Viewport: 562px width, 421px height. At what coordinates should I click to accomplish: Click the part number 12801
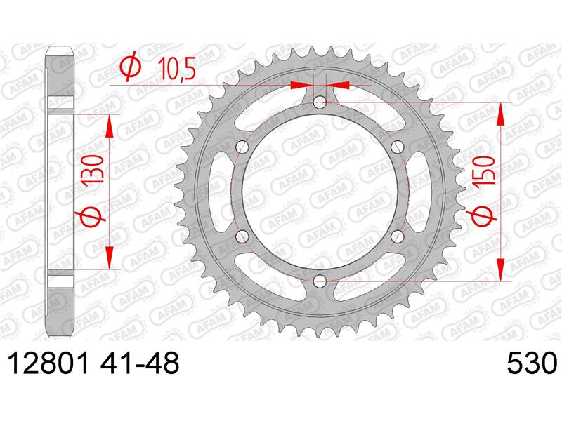point(48,363)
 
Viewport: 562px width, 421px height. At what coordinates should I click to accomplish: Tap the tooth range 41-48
point(139,363)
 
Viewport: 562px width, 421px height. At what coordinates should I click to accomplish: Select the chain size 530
point(532,363)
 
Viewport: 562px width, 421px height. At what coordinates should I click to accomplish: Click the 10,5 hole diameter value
point(177,68)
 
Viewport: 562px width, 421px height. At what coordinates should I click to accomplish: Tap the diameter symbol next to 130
point(90,218)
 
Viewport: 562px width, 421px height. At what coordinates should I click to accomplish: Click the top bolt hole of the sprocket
point(320,102)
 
